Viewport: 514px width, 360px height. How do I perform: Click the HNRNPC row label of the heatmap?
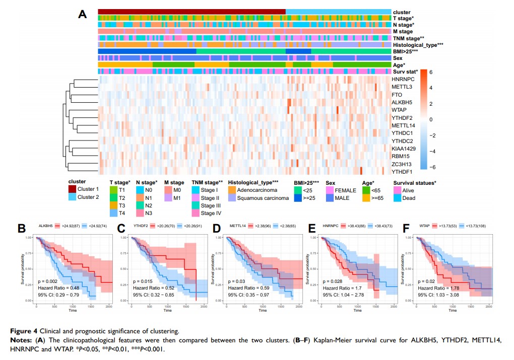(x=403, y=80)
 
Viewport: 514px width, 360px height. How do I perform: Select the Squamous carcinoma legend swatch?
(x=233, y=198)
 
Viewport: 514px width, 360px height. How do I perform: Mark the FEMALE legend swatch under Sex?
(x=331, y=190)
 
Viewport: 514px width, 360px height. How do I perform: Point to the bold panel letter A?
(x=83, y=14)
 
